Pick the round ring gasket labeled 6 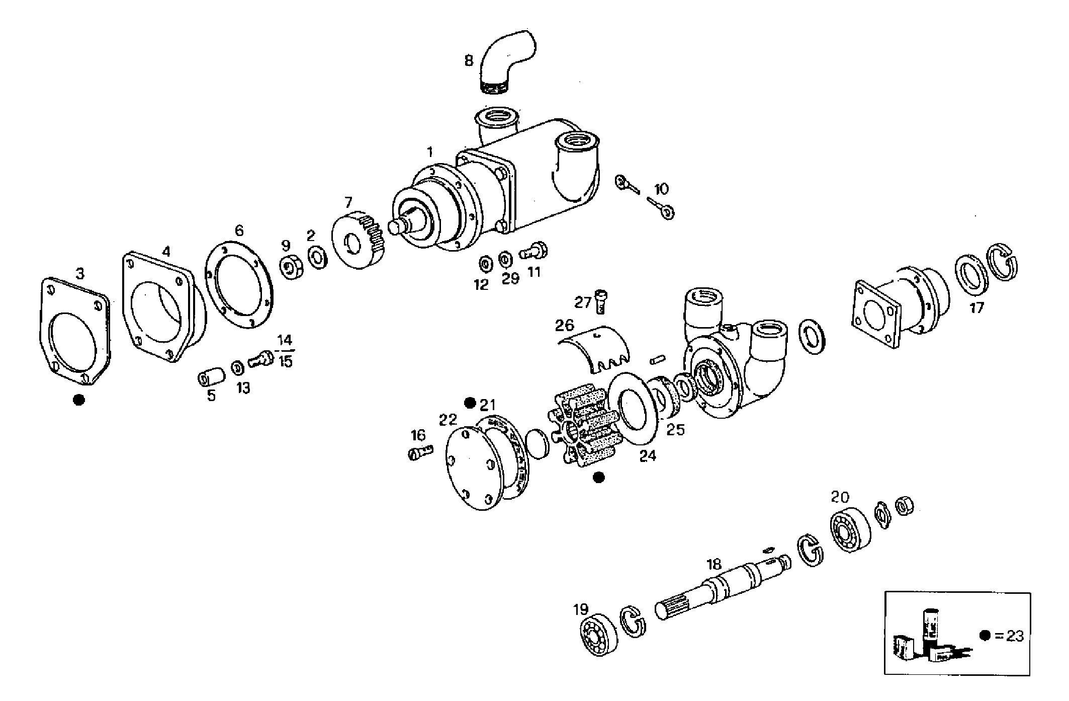click(x=240, y=285)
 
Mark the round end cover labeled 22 click(x=475, y=468)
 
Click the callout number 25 click(x=675, y=430)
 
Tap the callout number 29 click(x=510, y=278)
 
